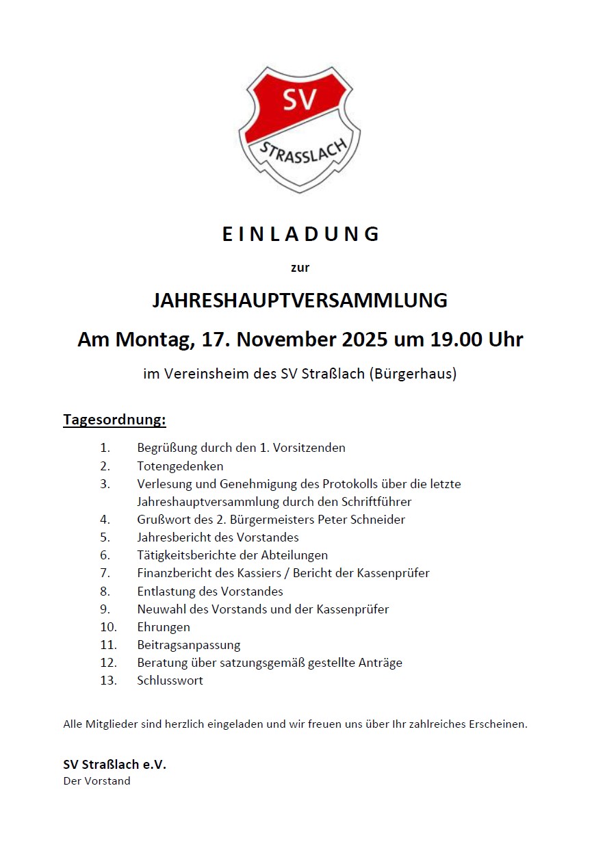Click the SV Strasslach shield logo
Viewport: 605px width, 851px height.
[x=299, y=128]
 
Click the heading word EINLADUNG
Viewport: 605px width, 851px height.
[x=300, y=234]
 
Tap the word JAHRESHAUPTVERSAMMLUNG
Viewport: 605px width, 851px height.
[x=300, y=301]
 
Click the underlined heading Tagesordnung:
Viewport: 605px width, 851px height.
[x=114, y=419]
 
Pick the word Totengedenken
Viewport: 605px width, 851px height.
[x=180, y=466]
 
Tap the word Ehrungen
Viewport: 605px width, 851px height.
[x=164, y=627]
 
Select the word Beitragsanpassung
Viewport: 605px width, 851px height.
[x=188, y=645]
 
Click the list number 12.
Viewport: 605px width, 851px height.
[x=108, y=663]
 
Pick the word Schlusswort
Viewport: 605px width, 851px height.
[x=170, y=681]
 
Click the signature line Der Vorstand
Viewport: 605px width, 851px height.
[x=96, y=781]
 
